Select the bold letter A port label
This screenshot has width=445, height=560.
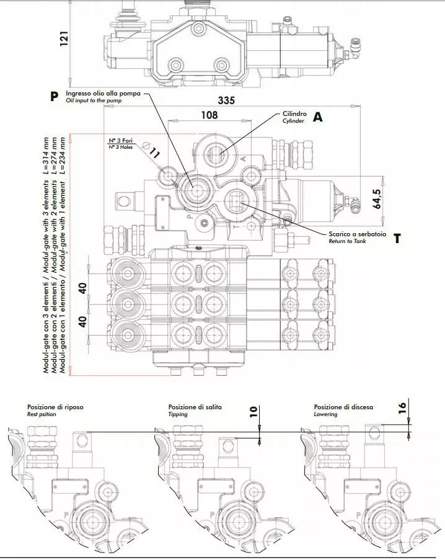click(318, 117)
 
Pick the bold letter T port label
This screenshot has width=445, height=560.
click(397, 239)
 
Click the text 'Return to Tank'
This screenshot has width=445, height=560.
click(348, 241)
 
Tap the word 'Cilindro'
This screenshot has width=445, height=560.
click(294, 114)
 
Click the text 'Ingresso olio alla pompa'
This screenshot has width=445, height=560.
click(104, 93)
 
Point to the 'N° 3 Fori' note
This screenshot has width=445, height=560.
click(121, 140)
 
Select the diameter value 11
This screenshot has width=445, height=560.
click(154, 153)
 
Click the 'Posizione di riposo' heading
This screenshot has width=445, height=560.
click(55, 407)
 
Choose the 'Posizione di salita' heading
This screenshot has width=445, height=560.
click(195, 407)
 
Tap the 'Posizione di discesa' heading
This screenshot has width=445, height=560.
click(343, 407)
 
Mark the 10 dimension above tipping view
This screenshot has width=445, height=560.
click(253, 412)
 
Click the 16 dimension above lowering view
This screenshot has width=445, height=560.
click(402, 407)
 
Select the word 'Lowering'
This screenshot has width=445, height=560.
click(326, 414)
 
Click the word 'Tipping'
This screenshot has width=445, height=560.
click(178, 414)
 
